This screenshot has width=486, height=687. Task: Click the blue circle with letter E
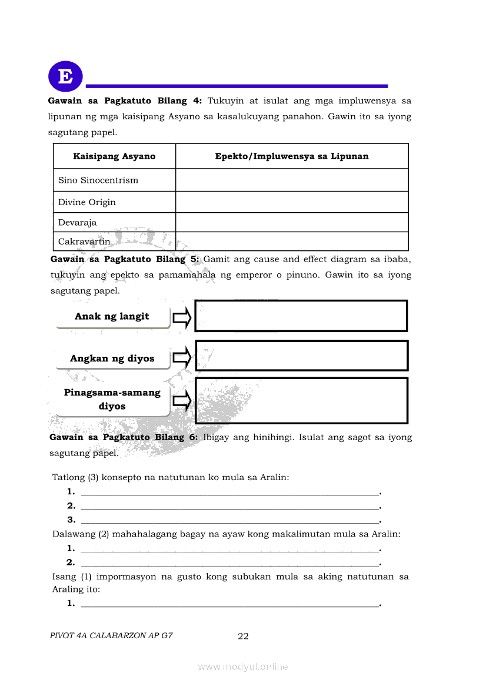click(x=65, y=76)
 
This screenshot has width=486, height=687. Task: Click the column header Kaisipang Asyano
click(x=114, y=156)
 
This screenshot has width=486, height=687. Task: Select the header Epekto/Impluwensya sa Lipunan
click(x=292, y=156)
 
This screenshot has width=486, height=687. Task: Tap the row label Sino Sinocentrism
click(x=98, y=180)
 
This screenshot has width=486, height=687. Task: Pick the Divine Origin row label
click(x=87, y=202)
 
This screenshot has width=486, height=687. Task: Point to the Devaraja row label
click(x=77, y=223)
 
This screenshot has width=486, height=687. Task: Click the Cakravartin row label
click(x=84, y=242)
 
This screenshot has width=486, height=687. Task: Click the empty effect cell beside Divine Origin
click(x=292, y=202)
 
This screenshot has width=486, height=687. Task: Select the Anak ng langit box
click(x=112, y=317)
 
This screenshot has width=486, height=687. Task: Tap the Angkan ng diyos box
click(x=112, y=358)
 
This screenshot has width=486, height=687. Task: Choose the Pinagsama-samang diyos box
click(x=112, y=400)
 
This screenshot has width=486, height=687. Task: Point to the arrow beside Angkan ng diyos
click(x=182, y=357)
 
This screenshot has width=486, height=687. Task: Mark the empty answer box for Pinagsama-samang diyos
click(x=301, y=400)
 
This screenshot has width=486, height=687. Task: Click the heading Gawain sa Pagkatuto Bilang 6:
click(x=124, y=438)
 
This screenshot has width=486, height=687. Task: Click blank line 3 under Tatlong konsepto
click(x=229, y=520)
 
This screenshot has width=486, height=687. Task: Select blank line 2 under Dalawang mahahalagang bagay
click(x=229, y=562)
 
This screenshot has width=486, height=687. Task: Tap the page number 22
click(x=243, y=636)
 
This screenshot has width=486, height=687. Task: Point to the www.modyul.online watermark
click(x=243, y=667)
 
